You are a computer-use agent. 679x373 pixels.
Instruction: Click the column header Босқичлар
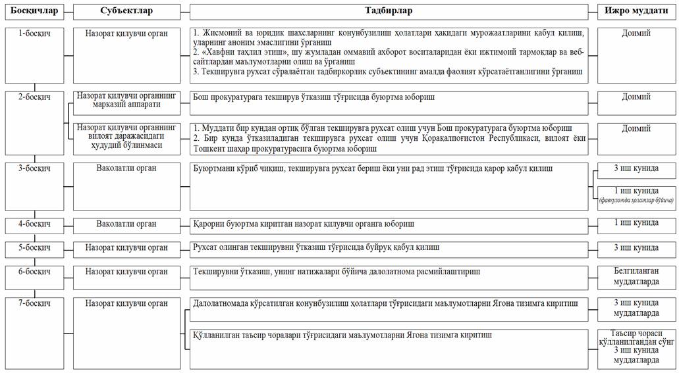click(x=34, y=11)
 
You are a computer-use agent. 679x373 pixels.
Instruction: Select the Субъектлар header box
click(x=126, y=11)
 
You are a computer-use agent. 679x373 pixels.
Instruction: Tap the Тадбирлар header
click(x=389, y=11)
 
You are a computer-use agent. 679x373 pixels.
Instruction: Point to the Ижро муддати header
click(x=636, y=11)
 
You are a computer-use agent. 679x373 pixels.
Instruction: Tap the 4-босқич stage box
click(x=34, y=226)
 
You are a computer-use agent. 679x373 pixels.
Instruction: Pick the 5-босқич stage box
click(x=34, y=249)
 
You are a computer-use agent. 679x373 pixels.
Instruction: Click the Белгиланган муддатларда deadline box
click(x=636, y=277)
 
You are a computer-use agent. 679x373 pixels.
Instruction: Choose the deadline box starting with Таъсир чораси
click(x=636, y=347)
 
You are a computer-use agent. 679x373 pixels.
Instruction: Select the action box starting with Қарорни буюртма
click(x=389, y=226)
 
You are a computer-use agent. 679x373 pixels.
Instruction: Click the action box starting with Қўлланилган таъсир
click(x=389, y=349)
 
